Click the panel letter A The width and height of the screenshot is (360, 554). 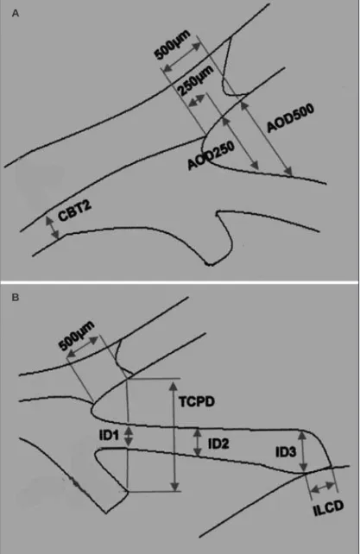coord(16,14)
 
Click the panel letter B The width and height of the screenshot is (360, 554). coord(16,298)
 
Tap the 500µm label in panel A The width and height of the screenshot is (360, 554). coord(172,45)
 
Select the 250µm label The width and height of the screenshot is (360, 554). coord(195,81)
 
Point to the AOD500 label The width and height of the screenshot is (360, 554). coord(290,118)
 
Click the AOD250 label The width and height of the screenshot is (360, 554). coord(211,155)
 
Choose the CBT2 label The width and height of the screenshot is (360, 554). coord(74,212)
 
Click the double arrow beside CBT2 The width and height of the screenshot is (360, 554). coord(53,228)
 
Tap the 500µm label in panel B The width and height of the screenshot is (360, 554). coord(77,336)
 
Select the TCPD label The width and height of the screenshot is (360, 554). coord(197,402)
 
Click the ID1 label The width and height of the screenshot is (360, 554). coord(109,436)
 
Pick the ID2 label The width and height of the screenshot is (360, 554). coord(218,444)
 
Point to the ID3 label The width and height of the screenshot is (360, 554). coord(286,452)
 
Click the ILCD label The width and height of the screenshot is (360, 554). coord(329,508)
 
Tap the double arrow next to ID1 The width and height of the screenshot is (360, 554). coord(129,437)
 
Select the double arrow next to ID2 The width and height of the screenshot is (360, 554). coord(198,442)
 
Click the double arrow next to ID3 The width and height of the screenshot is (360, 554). coord(302,451)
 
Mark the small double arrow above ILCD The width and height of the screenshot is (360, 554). coord(323,488)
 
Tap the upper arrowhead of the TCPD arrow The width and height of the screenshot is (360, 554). coord(174,385)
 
